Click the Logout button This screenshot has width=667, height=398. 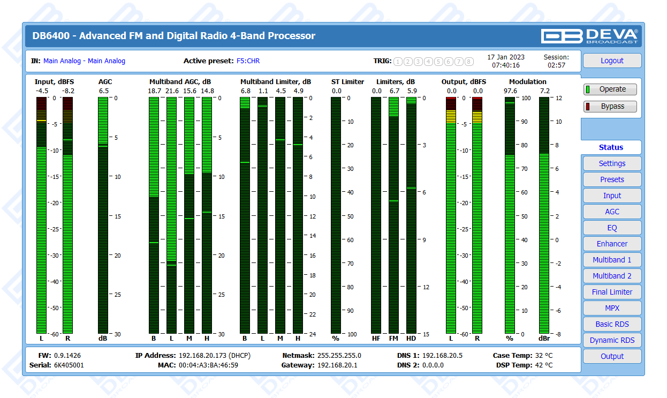612,61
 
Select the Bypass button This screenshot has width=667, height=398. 610,106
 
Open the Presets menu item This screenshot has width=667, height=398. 612,179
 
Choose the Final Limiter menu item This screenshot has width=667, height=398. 612,292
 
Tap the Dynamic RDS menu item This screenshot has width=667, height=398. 612,340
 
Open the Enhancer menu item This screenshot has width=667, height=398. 612,244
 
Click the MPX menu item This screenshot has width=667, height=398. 612,308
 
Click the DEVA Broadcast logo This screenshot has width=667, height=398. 589,36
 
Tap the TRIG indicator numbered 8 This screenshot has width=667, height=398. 469,61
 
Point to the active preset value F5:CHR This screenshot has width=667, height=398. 248,61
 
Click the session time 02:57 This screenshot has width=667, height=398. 556,65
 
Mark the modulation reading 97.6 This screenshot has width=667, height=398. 510,91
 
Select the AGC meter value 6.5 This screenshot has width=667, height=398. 104,91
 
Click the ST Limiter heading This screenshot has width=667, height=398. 347,82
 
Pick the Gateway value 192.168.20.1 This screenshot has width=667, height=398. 337,365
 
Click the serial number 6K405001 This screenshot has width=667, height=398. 69,365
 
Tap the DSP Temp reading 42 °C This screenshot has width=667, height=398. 543,365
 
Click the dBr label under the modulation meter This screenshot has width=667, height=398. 544,339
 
